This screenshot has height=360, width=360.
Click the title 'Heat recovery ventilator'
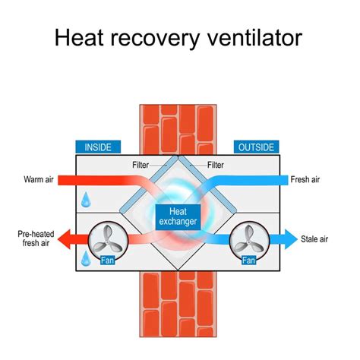[180, 38]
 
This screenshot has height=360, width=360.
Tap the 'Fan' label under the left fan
[107, 261]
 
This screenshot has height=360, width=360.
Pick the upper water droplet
[87, 200]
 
